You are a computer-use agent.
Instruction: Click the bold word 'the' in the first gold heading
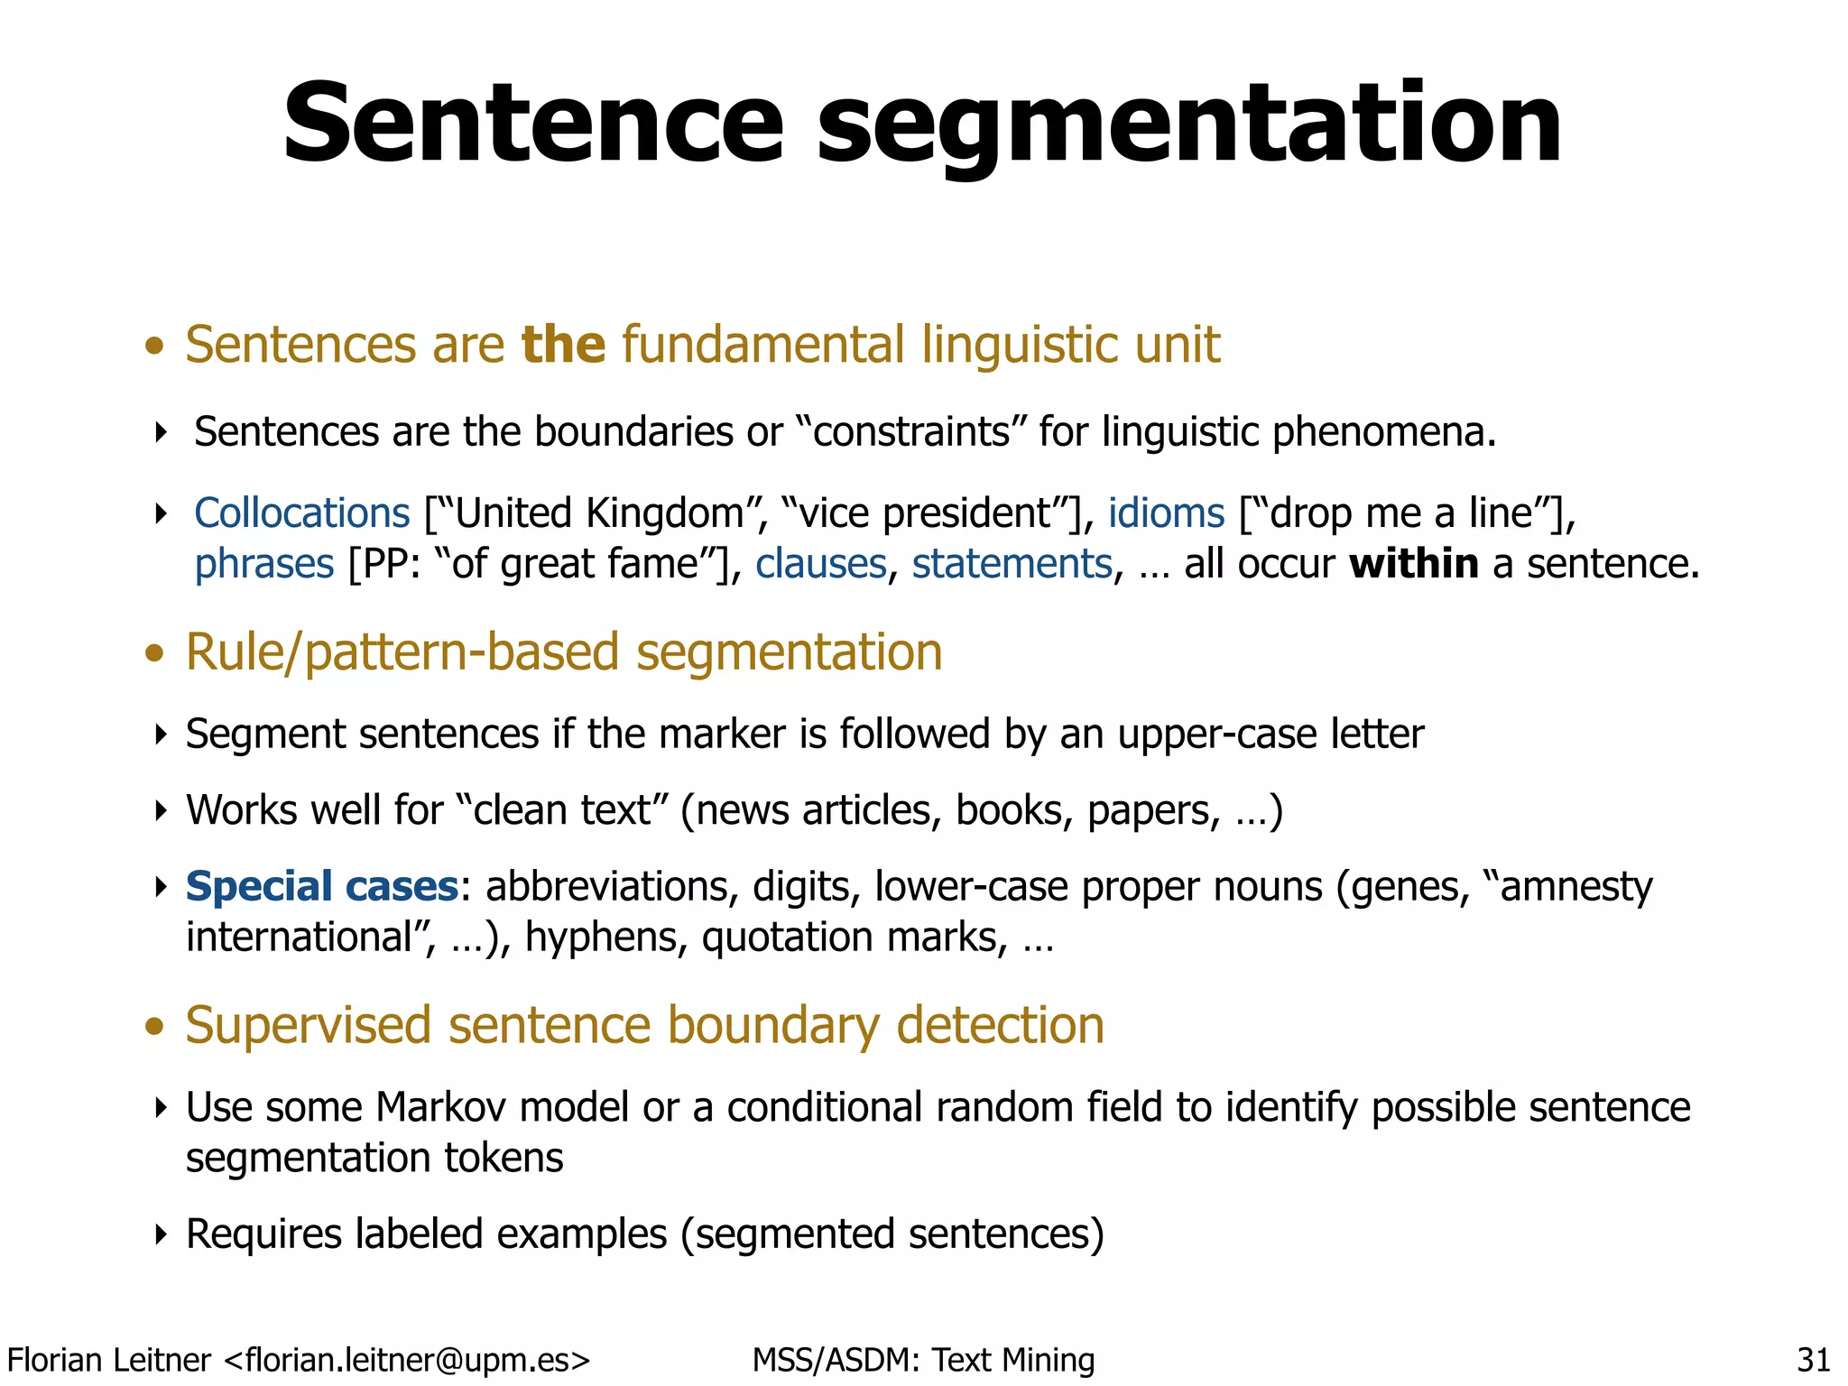(x=563, y=345)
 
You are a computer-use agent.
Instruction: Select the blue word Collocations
(x=302, y=513)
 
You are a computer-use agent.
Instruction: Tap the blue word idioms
(x=1166, y=513)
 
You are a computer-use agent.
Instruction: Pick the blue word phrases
(x=264, y=565)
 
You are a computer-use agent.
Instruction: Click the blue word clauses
(x=821, y=565)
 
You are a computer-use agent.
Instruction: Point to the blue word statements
(x=1012, y=565)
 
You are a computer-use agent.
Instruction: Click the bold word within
(x=1413, y=565)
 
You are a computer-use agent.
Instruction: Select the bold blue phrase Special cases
(x=322, y=886)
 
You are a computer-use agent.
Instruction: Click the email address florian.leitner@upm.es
(x=406, y=1359)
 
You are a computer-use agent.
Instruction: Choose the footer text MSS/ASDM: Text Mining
(x=923, y=1359)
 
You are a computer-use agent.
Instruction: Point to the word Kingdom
(x=664, y=513)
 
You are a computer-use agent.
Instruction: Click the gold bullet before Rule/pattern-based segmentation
(x=155, y=653)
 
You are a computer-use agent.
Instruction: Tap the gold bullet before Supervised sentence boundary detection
(x=155, y=1027)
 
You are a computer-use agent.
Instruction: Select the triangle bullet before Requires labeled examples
(x=162, y=1234)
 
